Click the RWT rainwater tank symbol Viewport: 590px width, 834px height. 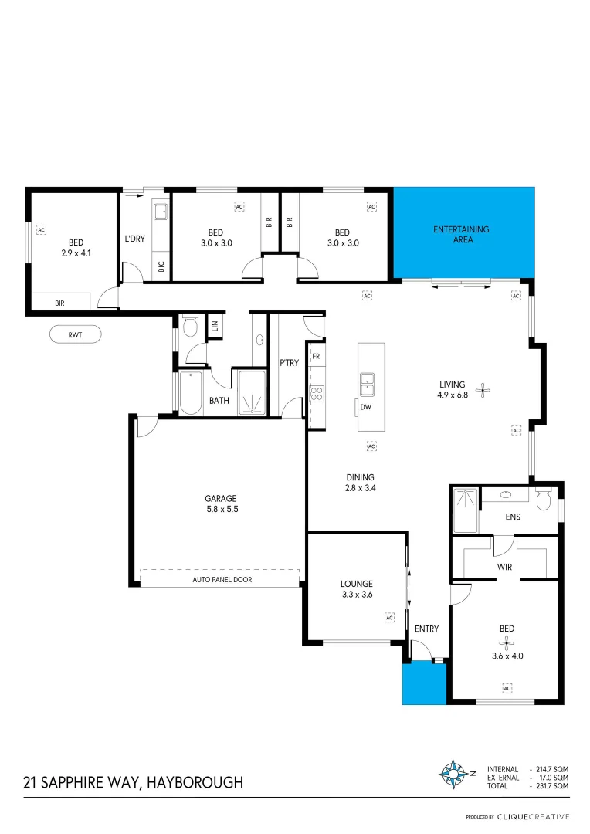(75, 334)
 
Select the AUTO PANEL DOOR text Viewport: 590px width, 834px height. (222, 579)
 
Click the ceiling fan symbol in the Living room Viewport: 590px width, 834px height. (483, 390)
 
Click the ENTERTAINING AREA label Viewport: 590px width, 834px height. (461, 235)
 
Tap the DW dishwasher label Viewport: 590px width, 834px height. (366, 407)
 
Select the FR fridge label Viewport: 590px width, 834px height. (316, 357)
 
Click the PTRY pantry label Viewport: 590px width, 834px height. (289, 363)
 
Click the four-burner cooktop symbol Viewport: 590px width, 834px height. (317, 394)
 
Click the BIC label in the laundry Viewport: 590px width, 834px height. (161, 267)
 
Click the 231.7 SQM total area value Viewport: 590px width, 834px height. (552, 785)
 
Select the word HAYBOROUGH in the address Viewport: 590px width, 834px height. (194, 783)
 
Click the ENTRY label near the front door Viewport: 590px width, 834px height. (426, 629)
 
